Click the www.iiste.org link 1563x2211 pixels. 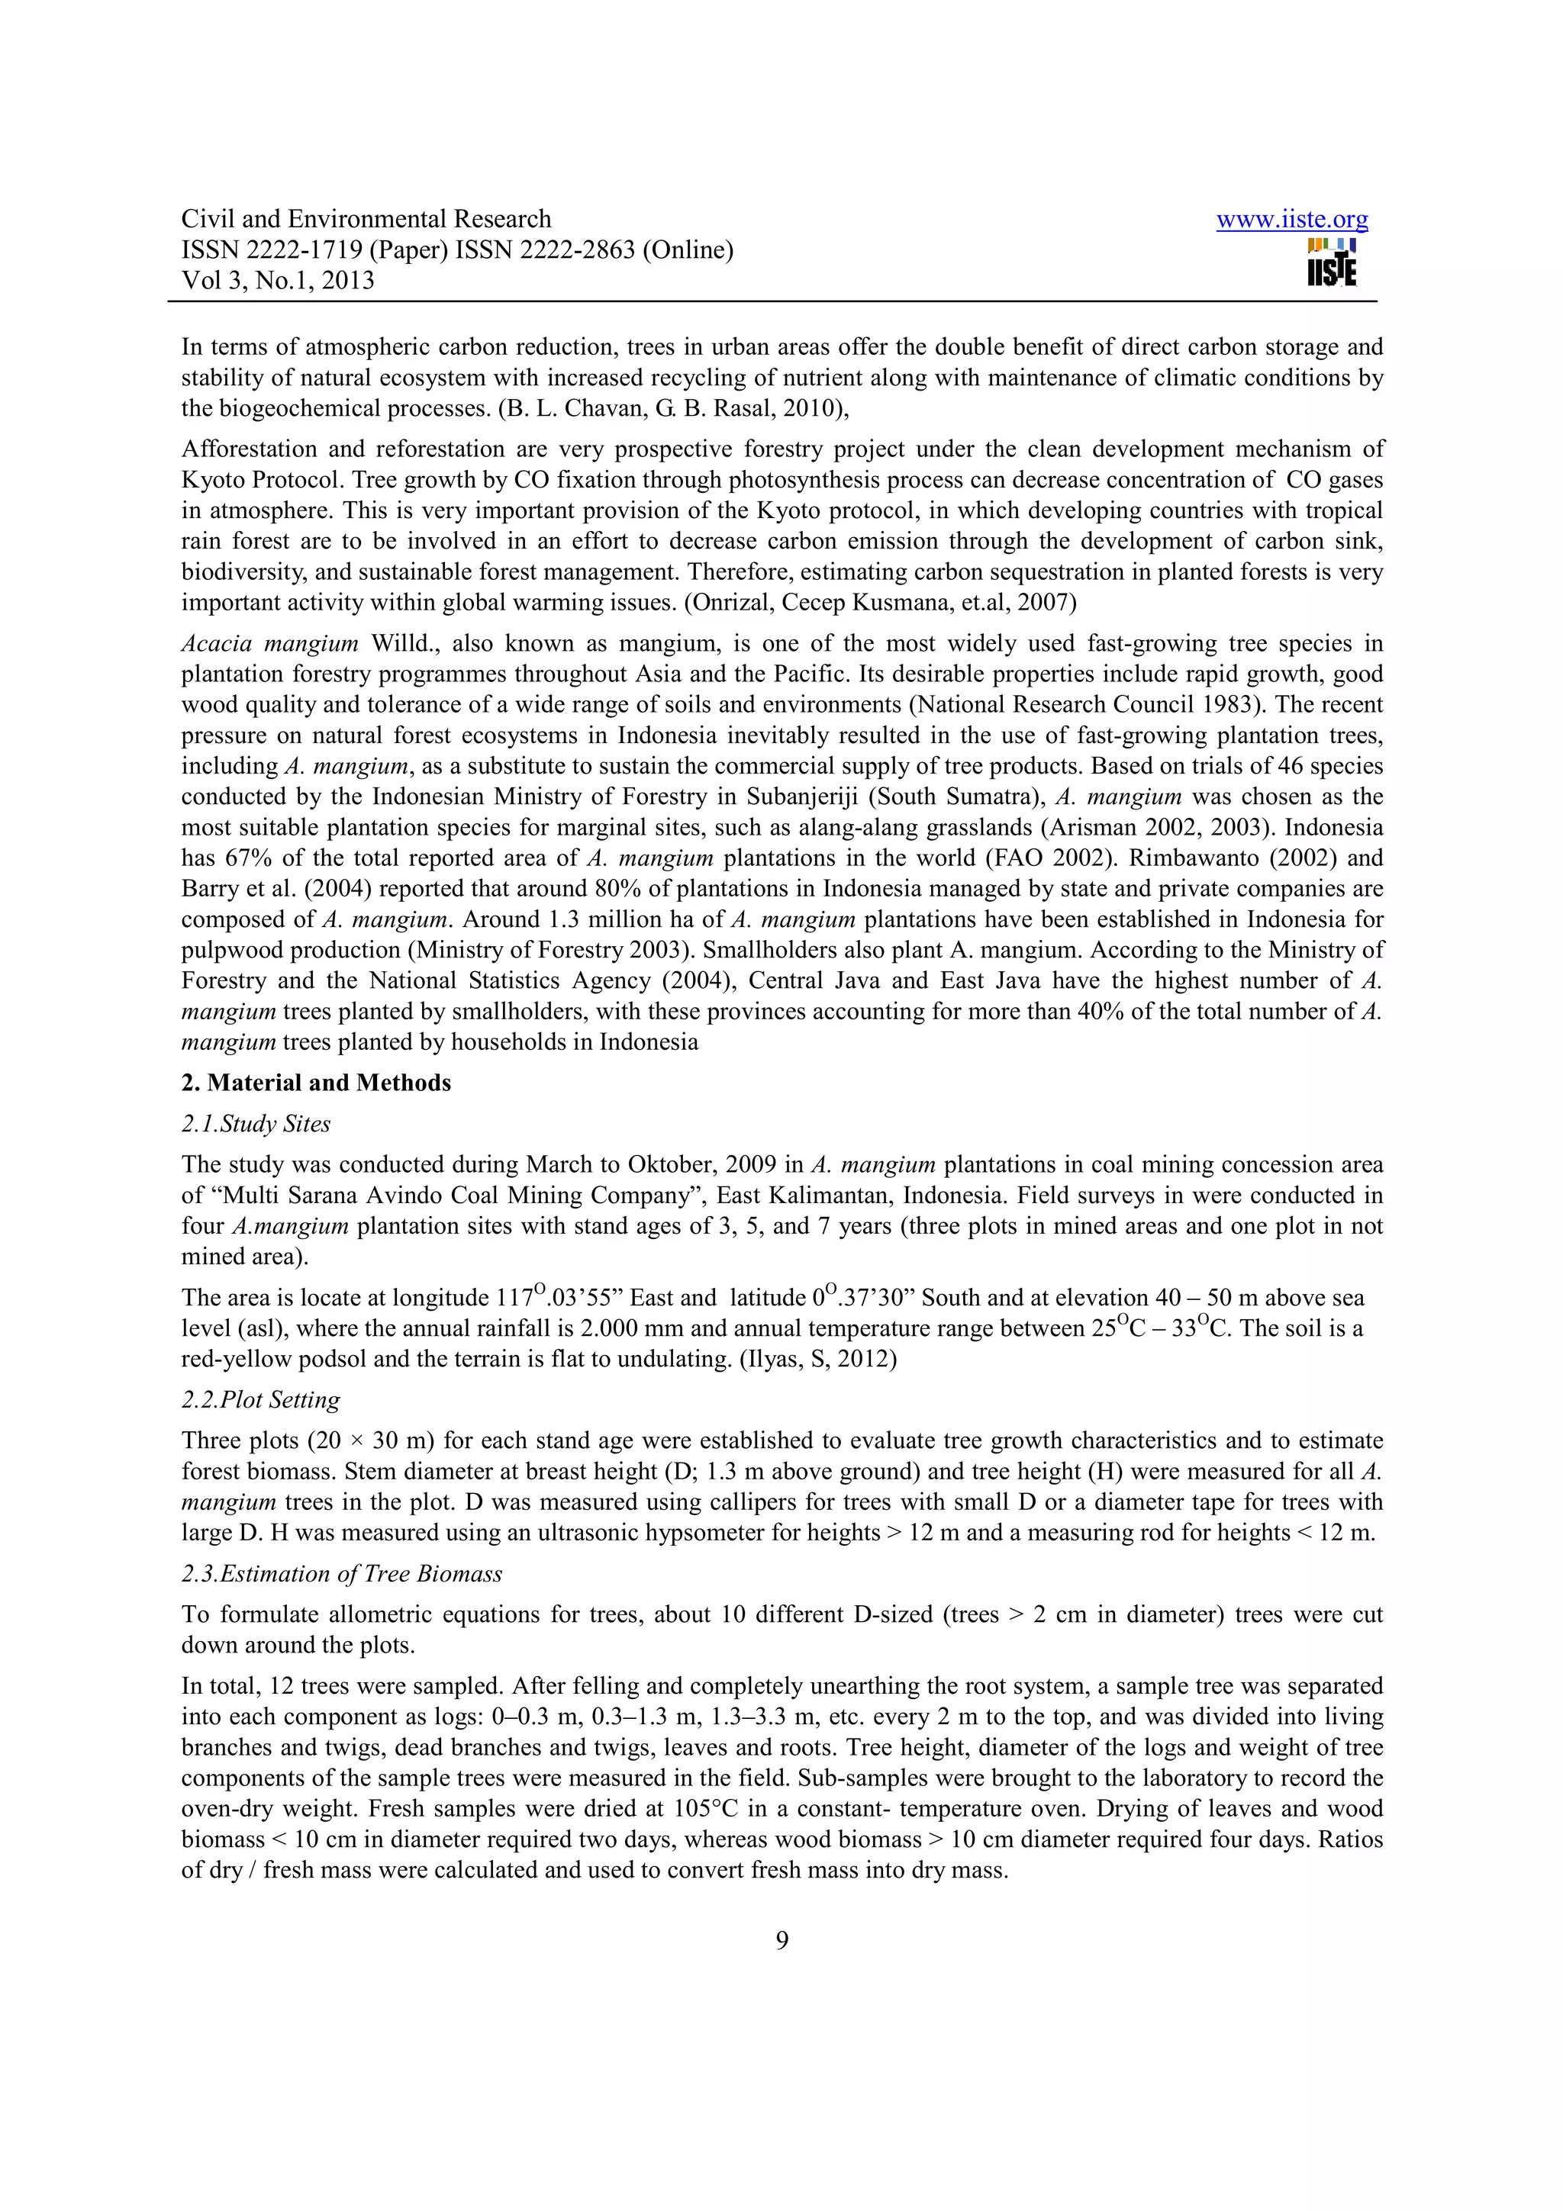1291,220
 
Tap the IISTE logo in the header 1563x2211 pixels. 1332,262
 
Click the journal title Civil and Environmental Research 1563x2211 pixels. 366,220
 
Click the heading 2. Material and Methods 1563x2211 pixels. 316,1083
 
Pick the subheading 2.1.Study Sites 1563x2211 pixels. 256,1124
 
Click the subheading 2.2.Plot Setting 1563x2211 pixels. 261,1399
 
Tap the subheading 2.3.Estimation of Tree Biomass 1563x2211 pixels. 342,1573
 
